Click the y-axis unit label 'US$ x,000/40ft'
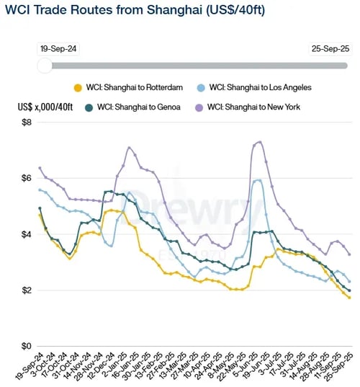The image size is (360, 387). pyautogui.click(x=46, y=107)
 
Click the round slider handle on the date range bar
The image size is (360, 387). pyautogui.click(x=45, y=66)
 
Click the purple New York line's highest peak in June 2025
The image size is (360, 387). pyautogui.click(x=260, y=142)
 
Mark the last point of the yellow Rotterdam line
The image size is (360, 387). pyautogui.click(x=350, y=298)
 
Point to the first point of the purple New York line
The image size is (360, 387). pyautogui.click(x=40, y=168)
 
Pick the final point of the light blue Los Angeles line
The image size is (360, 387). pyautogui.click(x=350, y=282)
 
